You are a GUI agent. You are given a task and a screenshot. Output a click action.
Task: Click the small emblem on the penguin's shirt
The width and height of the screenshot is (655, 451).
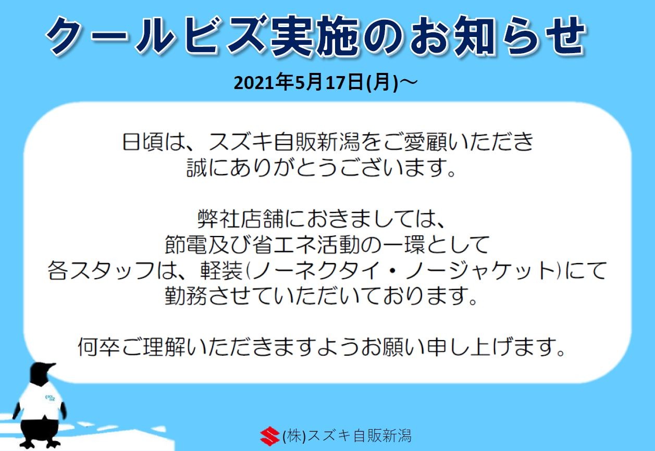click(50, 398)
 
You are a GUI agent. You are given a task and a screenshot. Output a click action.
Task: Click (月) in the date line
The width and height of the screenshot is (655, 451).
click(382, 83)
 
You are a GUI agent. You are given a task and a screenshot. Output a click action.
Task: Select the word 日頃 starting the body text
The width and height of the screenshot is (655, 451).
click(142, 142)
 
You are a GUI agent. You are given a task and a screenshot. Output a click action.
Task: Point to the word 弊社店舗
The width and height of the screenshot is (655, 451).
click(240, 219)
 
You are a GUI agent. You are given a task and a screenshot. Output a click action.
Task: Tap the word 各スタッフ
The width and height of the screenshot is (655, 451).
click(101, 271)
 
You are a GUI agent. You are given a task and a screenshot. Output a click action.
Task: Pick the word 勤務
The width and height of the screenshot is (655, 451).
click(186, 296)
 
